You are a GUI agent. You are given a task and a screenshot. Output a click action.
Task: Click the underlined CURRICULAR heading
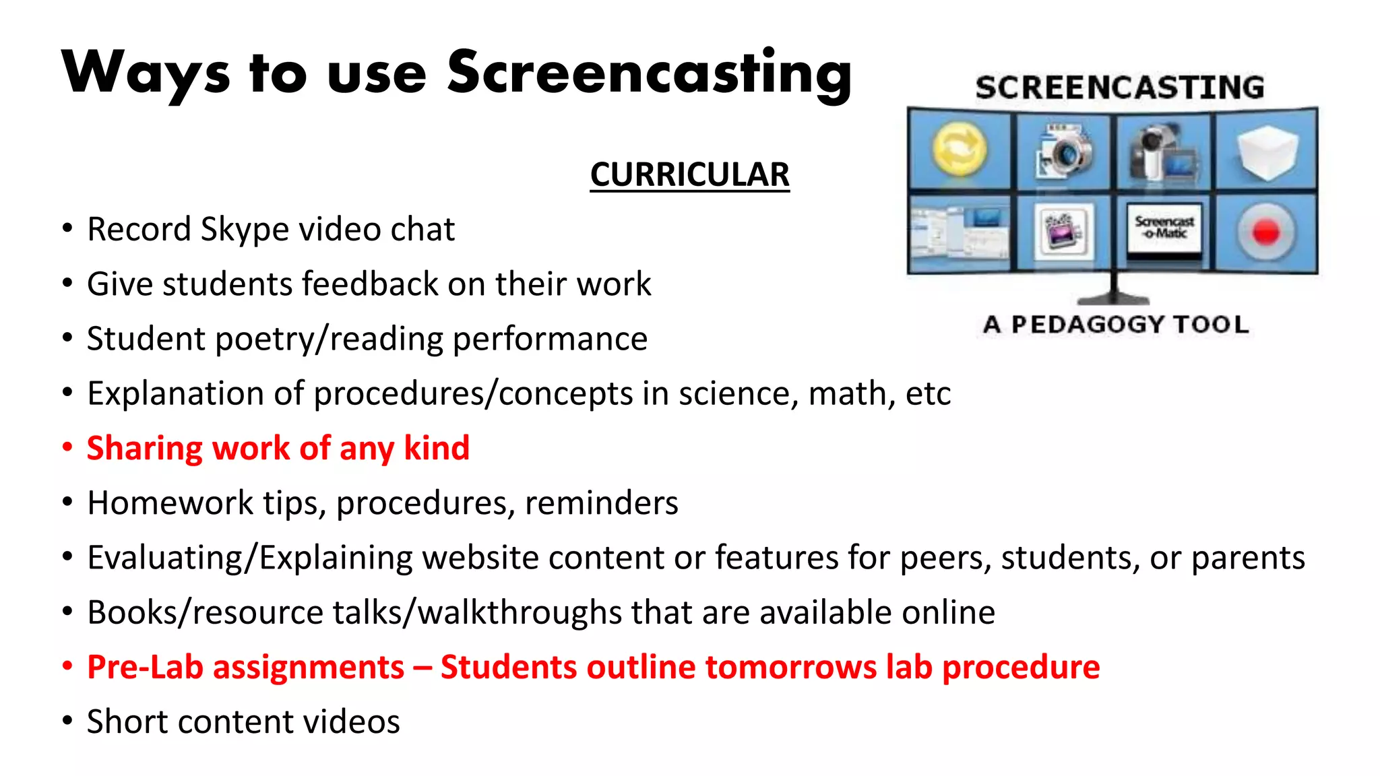click(x=689, y=175)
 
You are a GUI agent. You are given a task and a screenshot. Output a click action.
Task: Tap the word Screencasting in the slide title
click(x=650, y=74)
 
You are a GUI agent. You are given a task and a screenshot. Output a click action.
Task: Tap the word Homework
click(x=170, y=503)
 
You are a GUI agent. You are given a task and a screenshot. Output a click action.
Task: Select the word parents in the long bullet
click(x=1248, y=558)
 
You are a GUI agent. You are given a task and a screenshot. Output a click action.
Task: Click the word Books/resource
click(x=206, y=613)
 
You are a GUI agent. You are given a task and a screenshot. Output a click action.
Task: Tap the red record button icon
click(x=1265, y=232)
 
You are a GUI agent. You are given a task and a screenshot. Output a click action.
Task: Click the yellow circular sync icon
click(x=960, y=150)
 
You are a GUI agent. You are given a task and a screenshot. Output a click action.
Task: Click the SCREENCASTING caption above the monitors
click(x=1119, y=88)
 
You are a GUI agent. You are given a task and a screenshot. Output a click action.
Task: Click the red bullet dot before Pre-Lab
click(x=67, y=666)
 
